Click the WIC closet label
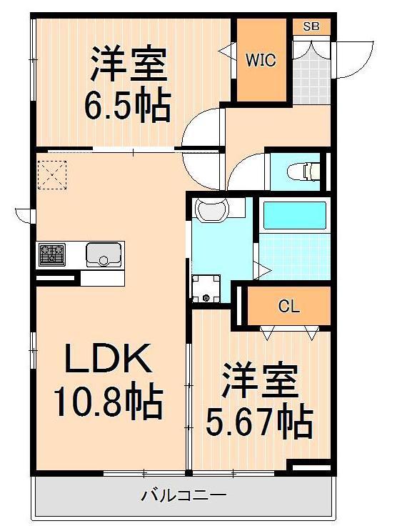(x=261, y=60)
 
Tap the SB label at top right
(x=311, y=26)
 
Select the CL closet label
(x=288, y=307)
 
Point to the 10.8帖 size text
(x=108, y=403)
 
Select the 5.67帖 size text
(x=259, y=422)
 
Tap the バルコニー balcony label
(x=184, y=495)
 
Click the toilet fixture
(x=306, y=172)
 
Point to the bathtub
(x=293, y=215)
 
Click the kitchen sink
(x=104, y=254)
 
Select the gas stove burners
(x=52, y=254)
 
